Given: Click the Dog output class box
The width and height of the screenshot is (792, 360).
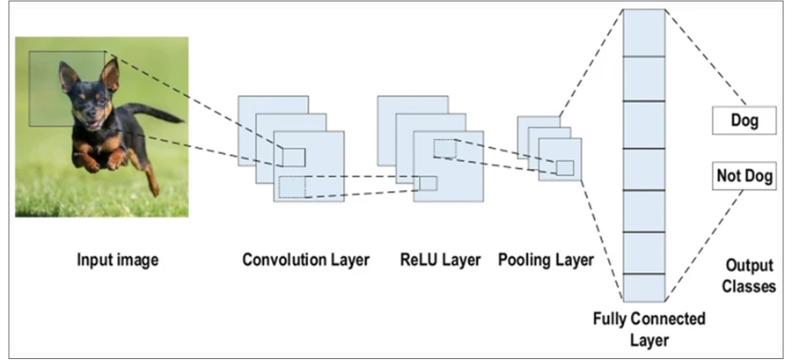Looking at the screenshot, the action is pos(744,121).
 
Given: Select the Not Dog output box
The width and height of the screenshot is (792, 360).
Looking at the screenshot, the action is pos(744,176).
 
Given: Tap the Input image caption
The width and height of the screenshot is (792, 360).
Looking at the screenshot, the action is pos(118,260).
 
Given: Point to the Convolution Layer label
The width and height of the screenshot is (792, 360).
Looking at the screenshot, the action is pos(306,260).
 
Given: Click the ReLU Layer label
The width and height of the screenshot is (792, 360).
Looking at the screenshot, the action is pos(441,260).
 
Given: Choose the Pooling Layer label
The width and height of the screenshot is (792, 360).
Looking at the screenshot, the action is pos(546,260).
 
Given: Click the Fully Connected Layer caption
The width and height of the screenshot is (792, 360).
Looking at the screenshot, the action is pos(649,328).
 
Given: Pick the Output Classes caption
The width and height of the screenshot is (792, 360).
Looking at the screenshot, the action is pos(749,276).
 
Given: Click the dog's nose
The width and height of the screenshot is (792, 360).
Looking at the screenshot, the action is pos(90,115).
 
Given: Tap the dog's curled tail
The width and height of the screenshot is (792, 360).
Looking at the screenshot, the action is pos(154,112).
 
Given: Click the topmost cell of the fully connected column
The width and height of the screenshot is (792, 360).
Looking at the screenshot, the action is pos(644,33).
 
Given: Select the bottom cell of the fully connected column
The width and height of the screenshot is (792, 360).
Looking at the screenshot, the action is pos(644,288).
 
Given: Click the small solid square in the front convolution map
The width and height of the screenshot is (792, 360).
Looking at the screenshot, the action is pos(293,158).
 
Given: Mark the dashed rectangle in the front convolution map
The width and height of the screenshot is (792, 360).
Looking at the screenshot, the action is pos(292,187).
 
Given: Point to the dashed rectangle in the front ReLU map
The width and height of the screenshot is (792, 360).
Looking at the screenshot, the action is pos(445,149).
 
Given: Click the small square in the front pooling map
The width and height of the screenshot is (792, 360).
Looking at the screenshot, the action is pos(565,167).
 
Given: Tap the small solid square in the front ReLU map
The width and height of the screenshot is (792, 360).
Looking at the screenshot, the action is pos(428,183).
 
